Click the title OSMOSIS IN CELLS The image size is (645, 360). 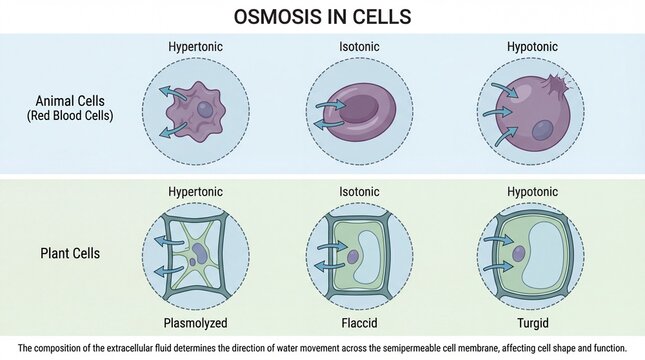click(322, 17)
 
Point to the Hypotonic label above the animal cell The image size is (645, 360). click(519, 46)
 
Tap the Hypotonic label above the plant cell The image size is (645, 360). click(519, 191)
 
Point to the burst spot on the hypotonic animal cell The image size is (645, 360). click(553, 82)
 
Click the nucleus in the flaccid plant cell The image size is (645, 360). click(352, 257)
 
